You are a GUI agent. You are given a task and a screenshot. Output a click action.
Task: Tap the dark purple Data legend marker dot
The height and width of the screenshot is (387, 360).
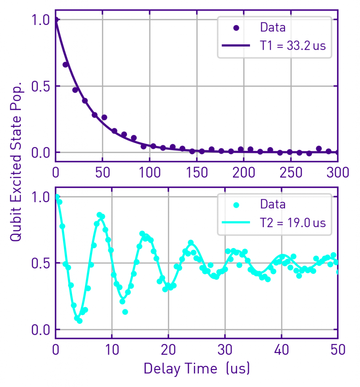(x=236, y=28)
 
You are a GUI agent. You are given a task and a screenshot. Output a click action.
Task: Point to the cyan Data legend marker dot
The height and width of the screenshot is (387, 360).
(x=236, y=205)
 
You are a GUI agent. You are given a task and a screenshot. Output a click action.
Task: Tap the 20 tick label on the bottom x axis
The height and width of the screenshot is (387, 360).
(x=168, y=350)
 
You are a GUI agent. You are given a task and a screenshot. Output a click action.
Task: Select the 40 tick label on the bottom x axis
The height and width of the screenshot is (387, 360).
(x=281, y=350)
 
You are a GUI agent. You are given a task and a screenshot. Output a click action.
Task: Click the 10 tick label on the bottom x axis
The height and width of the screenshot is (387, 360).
(x=112, y=350)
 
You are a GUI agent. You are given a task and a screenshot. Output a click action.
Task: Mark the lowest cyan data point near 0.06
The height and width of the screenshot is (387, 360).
(x=79, y=321)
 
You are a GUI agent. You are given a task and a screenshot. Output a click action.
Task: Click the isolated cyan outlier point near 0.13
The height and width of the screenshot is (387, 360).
(x=125, y=312)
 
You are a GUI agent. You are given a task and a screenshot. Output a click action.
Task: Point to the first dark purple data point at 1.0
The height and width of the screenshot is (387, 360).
(x=56, y=20)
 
